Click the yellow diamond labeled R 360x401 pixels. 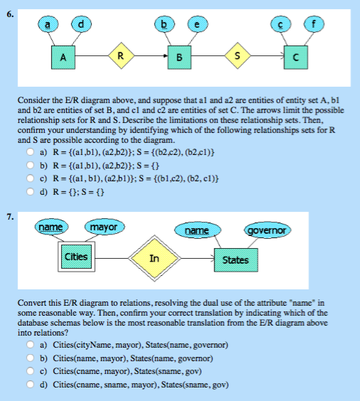122,55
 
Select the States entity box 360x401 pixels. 235,260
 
